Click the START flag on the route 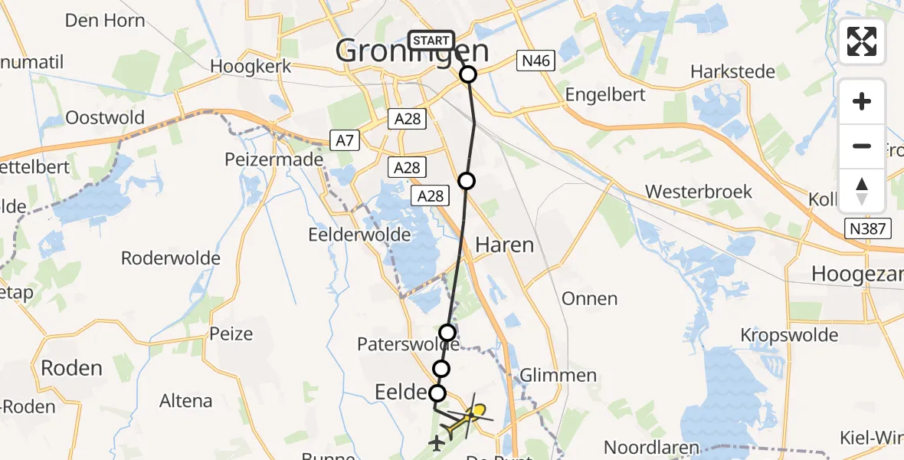pyautogui.click(x=432, y=40)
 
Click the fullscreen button pyautogui.click(x=862, y=41)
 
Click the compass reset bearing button pyautogui.click(x=862, y=191)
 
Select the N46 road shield pyautogui.click(x=535, y=61)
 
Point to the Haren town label pyautogui.click(x=504, y=245)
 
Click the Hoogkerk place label pyautogui.click(x=251, y=66)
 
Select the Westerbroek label pyautogui.click(x=699, y=192)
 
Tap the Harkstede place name pyautogui.click(x=732, y=71)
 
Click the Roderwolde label pyautogui.click(x=171, y=258)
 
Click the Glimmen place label pyautogui.click(x=558, y=375)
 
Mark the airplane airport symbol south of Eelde pyautogui.click(x=437, y=442)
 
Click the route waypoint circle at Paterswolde pyautogui.click(x=447, y=333)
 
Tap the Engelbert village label pyautogui.click(x=605, y=95)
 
